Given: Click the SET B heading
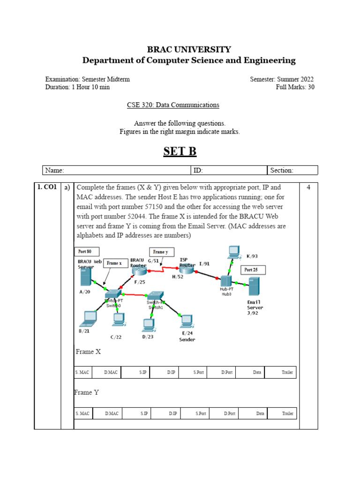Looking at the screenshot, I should pyautogui.click(x=180, y=152).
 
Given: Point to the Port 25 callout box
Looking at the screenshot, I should pyautogui.click(x=253, y=270).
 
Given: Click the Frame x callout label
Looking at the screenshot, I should pyautogui.click(x=114, y=263).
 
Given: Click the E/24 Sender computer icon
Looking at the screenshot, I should pyautogui.click(x=187, y=321).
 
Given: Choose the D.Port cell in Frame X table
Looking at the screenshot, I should pyautogui.click(x=227, y=373).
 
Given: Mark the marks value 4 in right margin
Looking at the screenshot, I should pyautogui.click(x=308, y=187).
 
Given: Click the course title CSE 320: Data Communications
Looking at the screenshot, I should pyautogui.click(x=173, y=105).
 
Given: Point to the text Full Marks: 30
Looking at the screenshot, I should pyautogui.click(x=295, y=87).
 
